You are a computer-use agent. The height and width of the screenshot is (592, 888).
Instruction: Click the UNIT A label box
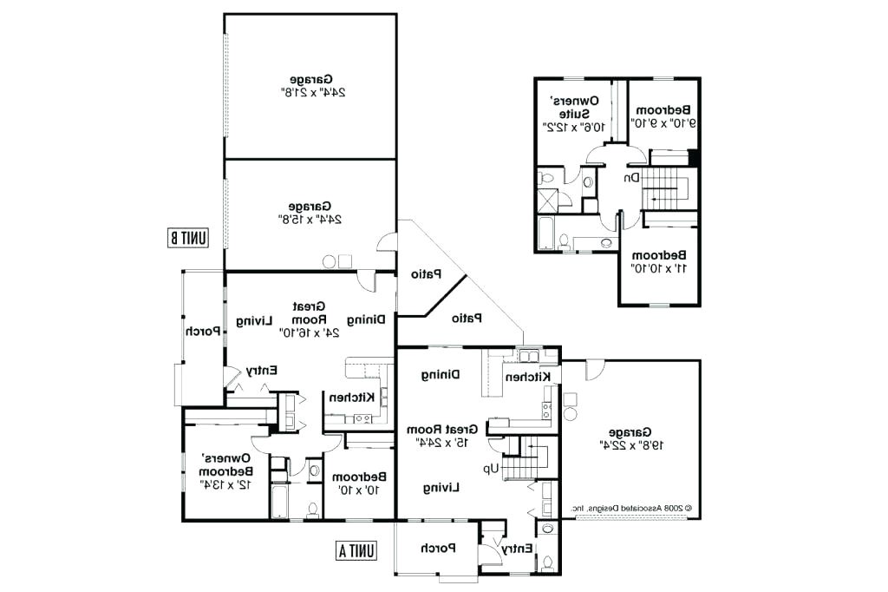pyautogui.click(x=356, y=549)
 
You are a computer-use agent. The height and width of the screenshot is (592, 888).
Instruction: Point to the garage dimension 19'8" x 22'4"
pyautogui.click(x=630, y=444)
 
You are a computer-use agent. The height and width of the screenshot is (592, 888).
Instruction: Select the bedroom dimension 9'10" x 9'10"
pyautogui.click(x=666, y=123)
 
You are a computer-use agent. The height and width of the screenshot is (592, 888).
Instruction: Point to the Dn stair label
pyautogui.click(x=631, y=177)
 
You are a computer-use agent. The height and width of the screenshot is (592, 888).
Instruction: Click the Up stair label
pyautogui.click(x=491, y=469)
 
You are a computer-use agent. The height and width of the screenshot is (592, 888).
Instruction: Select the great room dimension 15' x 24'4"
pyautogui.click(x=447, y=443)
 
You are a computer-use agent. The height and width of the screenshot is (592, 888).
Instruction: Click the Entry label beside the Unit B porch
pyautogui.click(x=261, y=371)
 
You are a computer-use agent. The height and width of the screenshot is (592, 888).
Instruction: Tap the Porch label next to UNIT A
pyautogui.click(x=438, y=549)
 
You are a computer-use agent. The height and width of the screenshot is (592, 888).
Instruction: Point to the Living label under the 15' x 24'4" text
pyautogui.click(x=441, y=488)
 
